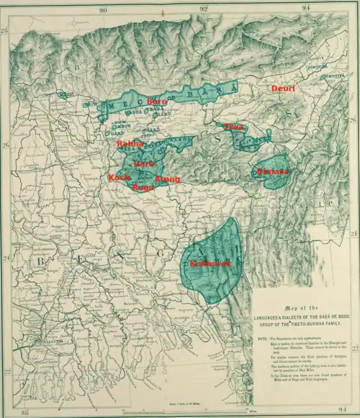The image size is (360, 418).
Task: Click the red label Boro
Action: (157, 102)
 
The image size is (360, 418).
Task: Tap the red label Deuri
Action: (283, 88)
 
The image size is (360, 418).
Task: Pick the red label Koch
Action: (118, 177)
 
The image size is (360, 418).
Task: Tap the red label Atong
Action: (167, 178)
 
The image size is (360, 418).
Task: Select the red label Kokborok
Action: (210, 264)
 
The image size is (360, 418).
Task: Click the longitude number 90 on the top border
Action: (104, 9)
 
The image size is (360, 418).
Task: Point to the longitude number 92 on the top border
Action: (204, 9)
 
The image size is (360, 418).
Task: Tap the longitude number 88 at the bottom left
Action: (27, 413)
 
